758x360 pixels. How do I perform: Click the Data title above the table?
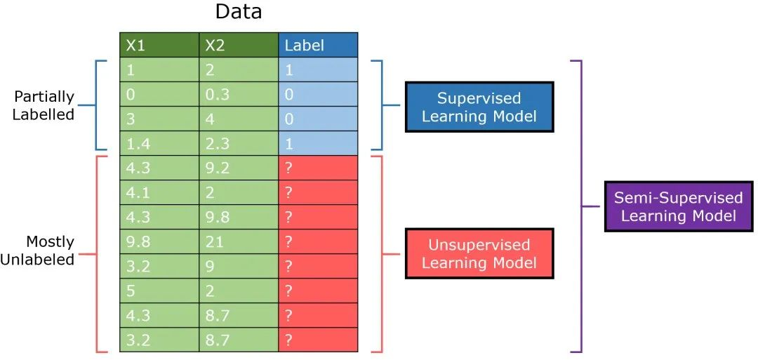(x=239, y=12)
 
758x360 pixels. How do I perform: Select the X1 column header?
(x=159, y=45)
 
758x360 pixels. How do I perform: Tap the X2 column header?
(x=239, y=45)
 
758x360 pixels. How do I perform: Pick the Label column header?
(x=318, y=45)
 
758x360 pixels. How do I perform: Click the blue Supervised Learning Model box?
(x=479, y=107)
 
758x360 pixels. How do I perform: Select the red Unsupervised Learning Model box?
(x=479, y=253)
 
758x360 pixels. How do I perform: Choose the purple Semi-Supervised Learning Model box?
(x=679, y=206)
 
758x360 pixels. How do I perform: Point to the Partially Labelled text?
(x=44, y=105)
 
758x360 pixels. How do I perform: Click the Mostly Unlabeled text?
(x=37, y=251)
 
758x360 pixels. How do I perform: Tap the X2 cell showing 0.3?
(x=239, y=94)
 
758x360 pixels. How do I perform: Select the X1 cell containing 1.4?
(x=159, y=144)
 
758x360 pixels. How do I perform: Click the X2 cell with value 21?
(x=239, y=241)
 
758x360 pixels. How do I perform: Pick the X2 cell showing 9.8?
(x=239, y=217)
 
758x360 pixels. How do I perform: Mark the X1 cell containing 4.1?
(x=159, y=193)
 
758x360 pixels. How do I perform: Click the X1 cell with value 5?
(x=159, y=291)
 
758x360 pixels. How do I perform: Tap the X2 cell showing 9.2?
(x=239, y=168)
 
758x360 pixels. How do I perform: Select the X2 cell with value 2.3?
(x=239, y=144)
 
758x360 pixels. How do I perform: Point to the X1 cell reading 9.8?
(x=159, y=241)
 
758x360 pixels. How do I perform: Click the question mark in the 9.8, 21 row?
(x=288, y=241)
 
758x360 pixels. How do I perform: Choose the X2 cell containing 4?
(x=239, y=119)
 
